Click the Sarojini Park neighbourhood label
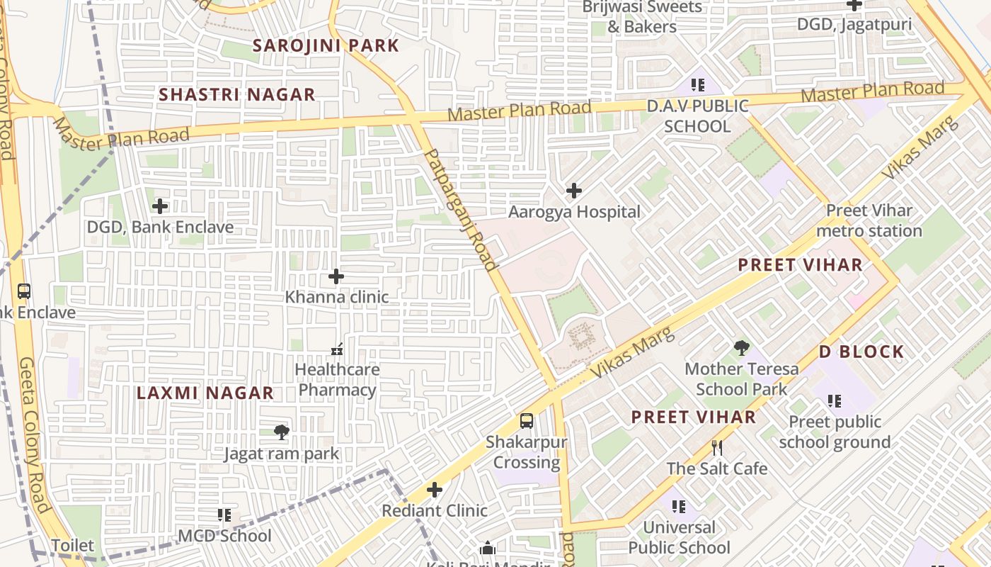point(326,45)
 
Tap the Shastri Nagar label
point(236,94)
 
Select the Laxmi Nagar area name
point(205,393)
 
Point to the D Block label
point(861,352)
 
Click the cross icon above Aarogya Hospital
point(574,191)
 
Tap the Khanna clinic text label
point(337,296)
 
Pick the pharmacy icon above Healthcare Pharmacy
point(337,349)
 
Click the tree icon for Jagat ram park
point(282,432)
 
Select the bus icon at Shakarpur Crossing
point(527,421)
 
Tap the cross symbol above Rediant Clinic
point(435,490)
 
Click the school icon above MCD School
point(224,515)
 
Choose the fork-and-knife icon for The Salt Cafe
point(717,448)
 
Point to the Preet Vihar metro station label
point(869,220)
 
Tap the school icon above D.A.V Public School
point(698,86)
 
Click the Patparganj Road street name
point(461,208)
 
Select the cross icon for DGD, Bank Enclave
point(161,206)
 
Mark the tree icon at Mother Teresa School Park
point(741,348)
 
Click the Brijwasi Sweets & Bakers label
point(642,17)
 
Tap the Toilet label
point(73,545)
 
